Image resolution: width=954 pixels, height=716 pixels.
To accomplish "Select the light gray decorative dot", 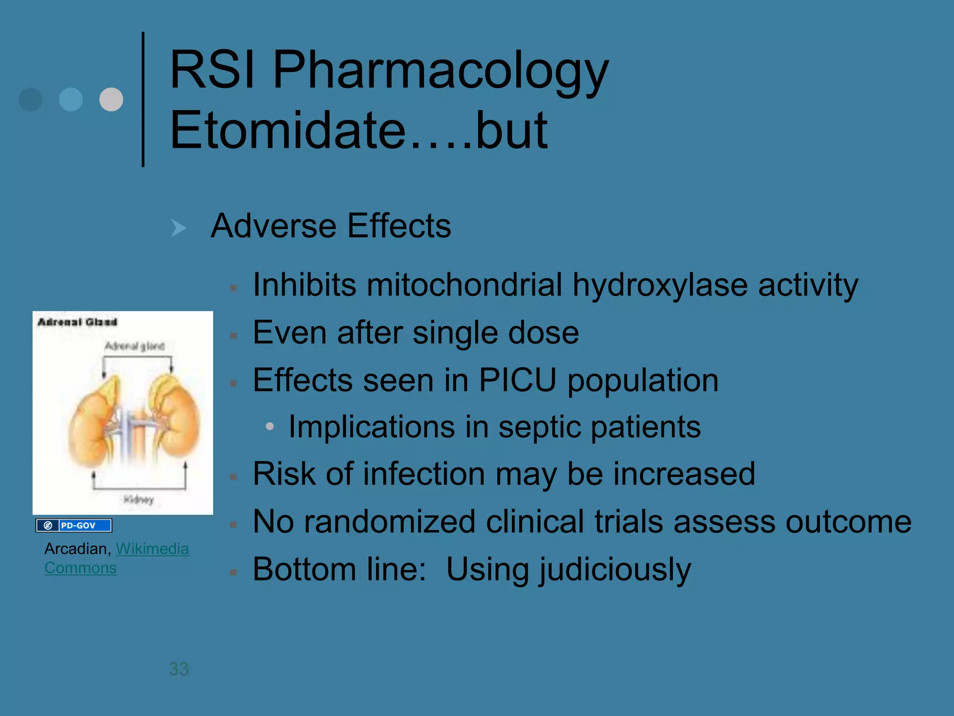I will click(111, 99).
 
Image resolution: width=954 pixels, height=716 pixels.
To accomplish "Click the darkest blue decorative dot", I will click(30, 99).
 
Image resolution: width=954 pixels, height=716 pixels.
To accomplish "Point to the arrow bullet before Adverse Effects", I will click(178, 228).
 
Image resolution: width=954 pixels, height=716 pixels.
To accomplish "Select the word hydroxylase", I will click(660, 285).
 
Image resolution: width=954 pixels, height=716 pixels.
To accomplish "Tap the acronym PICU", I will click(518, 380).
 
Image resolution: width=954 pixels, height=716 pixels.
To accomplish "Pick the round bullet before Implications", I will click(269, 426).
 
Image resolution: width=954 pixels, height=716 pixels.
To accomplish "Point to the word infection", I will click(424, 474).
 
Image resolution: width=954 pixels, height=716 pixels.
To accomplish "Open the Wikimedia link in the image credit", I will click(152, 549).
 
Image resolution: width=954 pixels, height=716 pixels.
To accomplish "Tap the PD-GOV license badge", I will click(74, 525).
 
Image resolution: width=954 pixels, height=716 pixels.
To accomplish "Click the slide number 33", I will click(179, 669).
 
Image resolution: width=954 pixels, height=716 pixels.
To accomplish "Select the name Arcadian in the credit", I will click(77, 549).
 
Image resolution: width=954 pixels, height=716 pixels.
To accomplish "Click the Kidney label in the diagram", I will click(138, 500).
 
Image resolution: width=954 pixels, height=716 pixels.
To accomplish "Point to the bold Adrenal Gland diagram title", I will click(77, 322).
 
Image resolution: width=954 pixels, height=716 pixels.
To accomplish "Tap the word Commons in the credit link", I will click(81, 568).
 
